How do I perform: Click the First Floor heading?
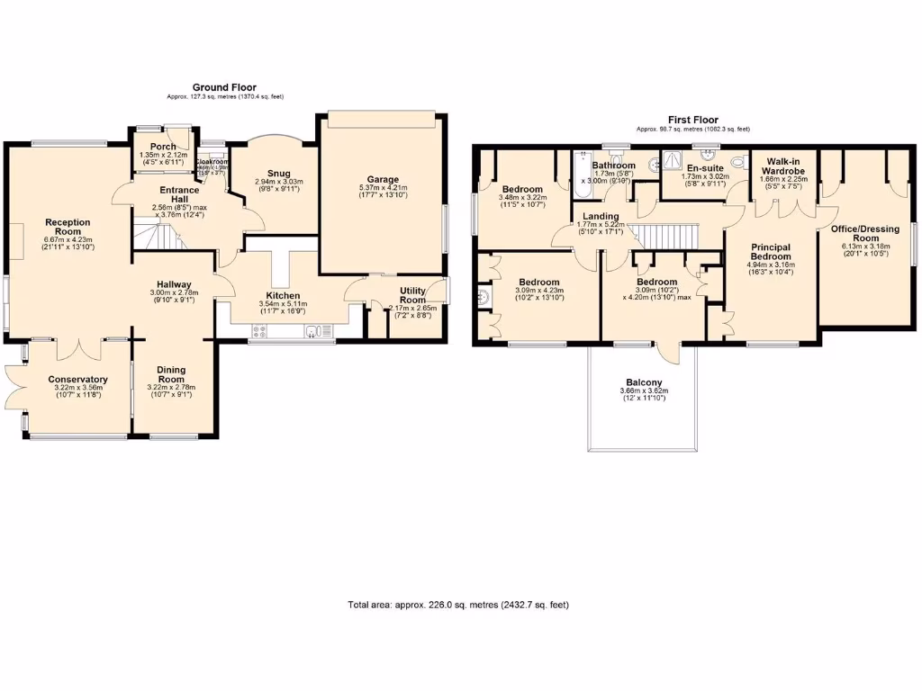[692, 120]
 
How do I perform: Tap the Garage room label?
[382, 180]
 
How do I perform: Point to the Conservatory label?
[78, 380]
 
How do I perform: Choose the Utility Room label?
[412, 295]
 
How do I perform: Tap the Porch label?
[163, 147]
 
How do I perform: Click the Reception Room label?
[68, 226]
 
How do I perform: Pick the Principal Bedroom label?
[771, 252]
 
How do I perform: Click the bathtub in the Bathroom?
[580, 177]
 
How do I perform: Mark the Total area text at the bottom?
[458, 605]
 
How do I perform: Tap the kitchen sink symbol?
[312, 332]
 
